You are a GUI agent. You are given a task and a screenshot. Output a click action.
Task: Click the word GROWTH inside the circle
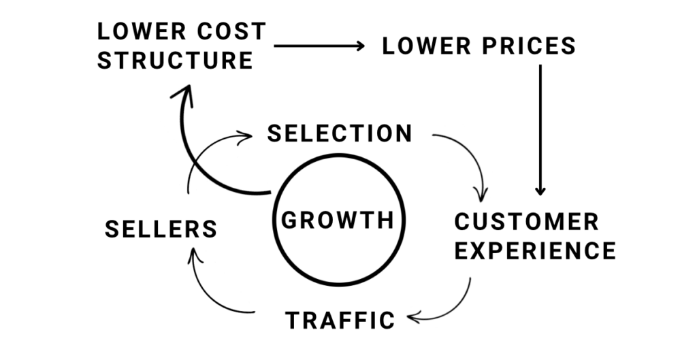(x=338, y=220)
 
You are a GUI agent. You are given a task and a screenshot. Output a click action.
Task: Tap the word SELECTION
(x=340, y=133)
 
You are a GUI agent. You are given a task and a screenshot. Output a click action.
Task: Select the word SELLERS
(x=161, y=229)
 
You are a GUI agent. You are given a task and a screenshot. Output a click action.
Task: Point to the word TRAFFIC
(x=340, y=320)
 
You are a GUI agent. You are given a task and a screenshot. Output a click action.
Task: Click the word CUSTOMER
(x=527, y=222)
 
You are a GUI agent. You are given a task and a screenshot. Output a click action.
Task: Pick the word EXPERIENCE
(x=535, y=250)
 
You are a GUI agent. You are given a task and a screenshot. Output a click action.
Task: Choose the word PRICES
(x=528, y=46)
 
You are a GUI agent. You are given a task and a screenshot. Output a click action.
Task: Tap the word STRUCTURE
(x=175, y=61)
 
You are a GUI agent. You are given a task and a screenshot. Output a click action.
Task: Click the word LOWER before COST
(x=142, y=31)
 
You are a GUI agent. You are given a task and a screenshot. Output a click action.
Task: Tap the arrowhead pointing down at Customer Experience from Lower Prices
(x=540, y=191)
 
